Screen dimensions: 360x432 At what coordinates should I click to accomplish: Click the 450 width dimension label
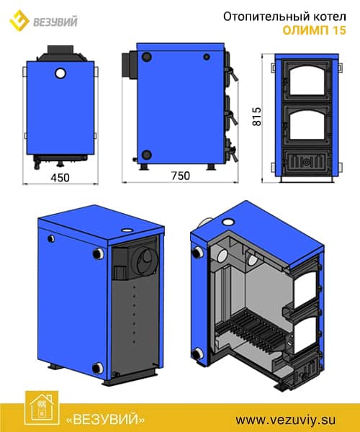pyautogui.click(x=60, y=178)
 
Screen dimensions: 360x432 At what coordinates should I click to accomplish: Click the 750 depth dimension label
pyautogui.click(x=181, y=176)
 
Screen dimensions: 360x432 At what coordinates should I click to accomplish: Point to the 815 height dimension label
pyautogui.click(x=257, y=117)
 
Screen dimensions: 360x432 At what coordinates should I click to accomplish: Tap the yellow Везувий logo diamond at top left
pyautogui.click(x=19, y=21)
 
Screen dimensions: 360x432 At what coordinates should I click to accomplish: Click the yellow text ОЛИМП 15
pyautogui.click(x=314, y=30)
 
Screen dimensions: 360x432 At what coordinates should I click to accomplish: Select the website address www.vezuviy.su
pyautogui.click(x=286, y=420)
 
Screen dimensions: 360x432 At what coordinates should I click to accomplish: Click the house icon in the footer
pyautogui.click(x=42, y=408)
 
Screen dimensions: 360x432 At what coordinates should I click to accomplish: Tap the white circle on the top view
pyautogui.click(x=60, y=73)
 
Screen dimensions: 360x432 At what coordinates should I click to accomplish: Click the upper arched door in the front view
pyautogui.click(x=306, y=81)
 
